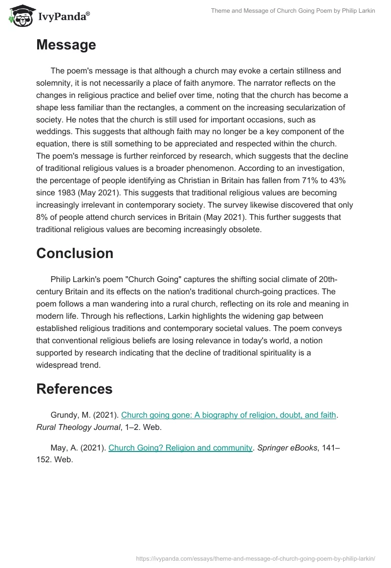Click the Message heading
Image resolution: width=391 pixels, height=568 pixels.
click(66, 45)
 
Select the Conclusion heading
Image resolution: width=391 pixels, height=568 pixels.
click(75, 253)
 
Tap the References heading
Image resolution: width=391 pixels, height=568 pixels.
click(74, 389)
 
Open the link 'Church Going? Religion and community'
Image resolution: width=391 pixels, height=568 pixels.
click(180, 447)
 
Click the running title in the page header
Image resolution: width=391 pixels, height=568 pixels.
click(293, 11)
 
